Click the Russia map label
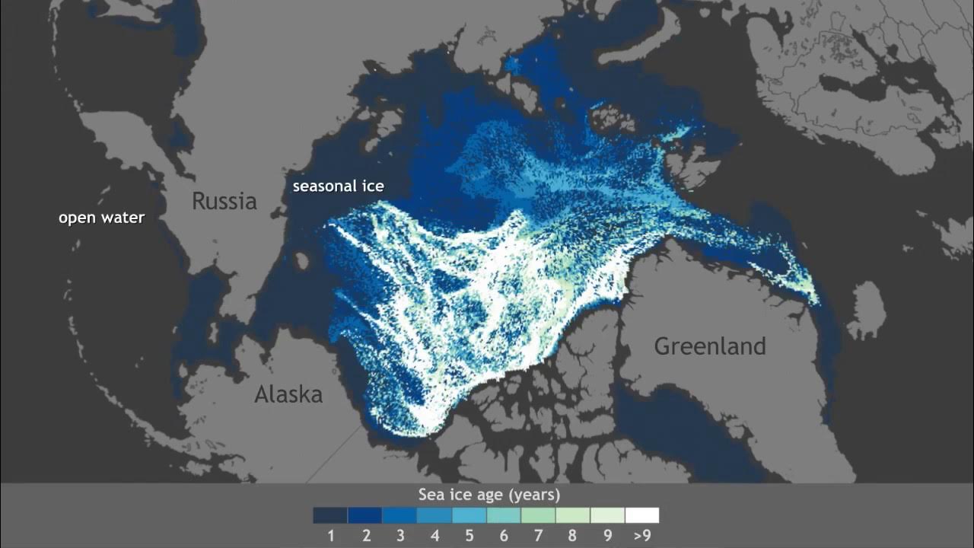click(224, 201)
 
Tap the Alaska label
click(288, 394)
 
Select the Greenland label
click(709, 346)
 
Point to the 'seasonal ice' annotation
click(339, 186)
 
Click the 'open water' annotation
click(101, 218)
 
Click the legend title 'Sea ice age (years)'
click(489, 495)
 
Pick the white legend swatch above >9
click(641, 515)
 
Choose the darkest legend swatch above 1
click(330, 515)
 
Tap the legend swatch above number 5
click(469, 515)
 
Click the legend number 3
click(399, 536)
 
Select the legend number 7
click(538, 536)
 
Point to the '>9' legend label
click(641, 536)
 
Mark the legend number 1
click(331, 536)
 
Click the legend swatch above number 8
click(572, 515)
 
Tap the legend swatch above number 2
click(364, 515)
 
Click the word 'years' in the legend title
click(534, 495)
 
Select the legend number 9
click(607, 536)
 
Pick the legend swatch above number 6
click(503, 515)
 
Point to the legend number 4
click(434, 536)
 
